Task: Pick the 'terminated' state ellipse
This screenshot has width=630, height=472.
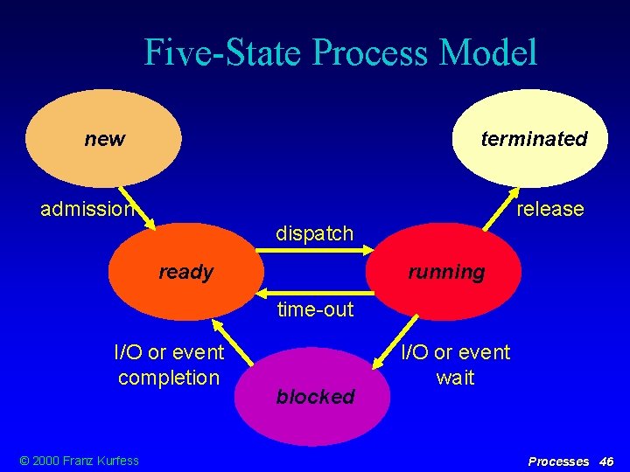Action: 530,139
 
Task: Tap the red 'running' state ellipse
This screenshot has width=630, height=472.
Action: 445,272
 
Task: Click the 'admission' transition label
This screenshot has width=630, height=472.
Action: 87,209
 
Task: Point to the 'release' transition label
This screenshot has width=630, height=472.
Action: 549,209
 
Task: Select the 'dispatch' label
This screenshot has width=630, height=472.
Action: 315,233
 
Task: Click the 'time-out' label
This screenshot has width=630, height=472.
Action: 315,309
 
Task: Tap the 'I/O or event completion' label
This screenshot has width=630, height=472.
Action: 169,364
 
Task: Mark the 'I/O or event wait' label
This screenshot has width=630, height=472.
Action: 455,364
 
